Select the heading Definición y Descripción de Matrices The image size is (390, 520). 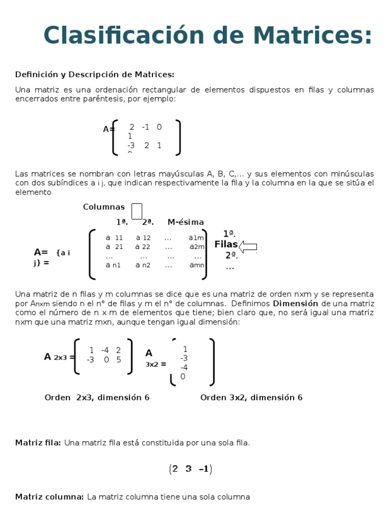(94, 75)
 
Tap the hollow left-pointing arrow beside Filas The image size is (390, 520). (248, 247)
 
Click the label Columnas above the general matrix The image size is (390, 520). (104, 207)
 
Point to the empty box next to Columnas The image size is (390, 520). (137, 211)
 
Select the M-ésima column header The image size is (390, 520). (185, 222)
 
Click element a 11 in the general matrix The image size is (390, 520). (114, 238)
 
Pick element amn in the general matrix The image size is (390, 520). (196, 265)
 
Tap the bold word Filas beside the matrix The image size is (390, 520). (226, 245)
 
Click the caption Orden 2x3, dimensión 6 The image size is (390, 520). (97, 397)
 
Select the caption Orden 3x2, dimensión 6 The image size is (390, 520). (251, 397)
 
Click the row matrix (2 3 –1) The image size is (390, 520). (190, 469)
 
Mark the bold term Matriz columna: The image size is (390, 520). (49, 497)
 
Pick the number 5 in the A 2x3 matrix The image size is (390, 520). (118, 360)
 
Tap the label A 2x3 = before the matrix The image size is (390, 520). (59, 357)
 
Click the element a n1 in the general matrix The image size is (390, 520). (113, 265)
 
